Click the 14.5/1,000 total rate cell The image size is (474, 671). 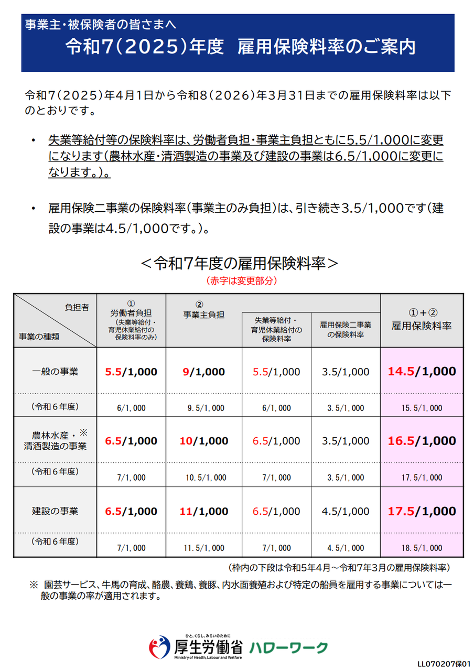(422, 372)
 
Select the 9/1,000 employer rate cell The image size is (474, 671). (203, 372)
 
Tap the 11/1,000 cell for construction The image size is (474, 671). (203, 511)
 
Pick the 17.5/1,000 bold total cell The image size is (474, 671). (422, 511)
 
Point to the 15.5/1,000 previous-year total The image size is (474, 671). (422, 408)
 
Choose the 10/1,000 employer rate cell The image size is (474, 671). (203, 441)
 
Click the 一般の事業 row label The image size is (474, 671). (55, 372)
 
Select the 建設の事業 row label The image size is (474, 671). (55, 511)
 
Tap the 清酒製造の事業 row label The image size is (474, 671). (55, 447)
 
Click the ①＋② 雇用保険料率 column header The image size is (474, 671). (422, 320)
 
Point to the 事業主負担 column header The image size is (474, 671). (203, 315)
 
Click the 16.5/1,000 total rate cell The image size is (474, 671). (422, 441)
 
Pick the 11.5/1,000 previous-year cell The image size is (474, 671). (203, 548)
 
